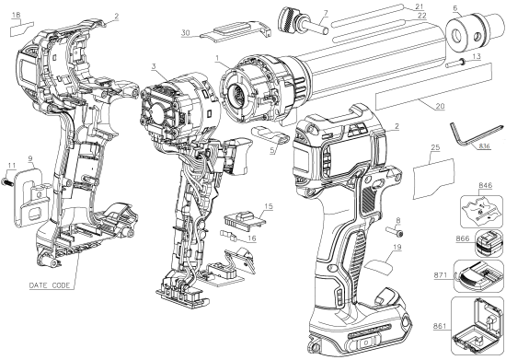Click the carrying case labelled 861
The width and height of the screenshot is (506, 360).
point(477,324)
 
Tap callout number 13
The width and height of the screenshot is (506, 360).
point(475,56)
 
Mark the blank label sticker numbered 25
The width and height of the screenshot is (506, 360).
point(431,175)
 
